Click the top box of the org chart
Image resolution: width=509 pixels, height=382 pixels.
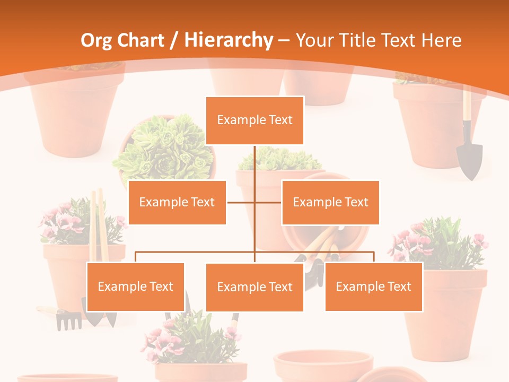[x=254, y=120]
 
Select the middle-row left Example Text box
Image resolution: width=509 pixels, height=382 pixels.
[x=177, y=202]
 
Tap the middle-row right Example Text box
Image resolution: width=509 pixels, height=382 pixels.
[x=330, y=202]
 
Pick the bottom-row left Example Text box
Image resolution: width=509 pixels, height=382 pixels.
[x=136, y=286]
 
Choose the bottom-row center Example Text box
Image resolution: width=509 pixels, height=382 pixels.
[x=254, y=287]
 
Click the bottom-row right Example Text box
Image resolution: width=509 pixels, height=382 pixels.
[x=374, y=286]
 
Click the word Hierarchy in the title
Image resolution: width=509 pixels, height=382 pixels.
[x=228, y=40]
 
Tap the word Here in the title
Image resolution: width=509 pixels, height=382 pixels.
[x=441, y=40]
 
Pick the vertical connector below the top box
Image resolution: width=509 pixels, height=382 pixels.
[x=254, y=170]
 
